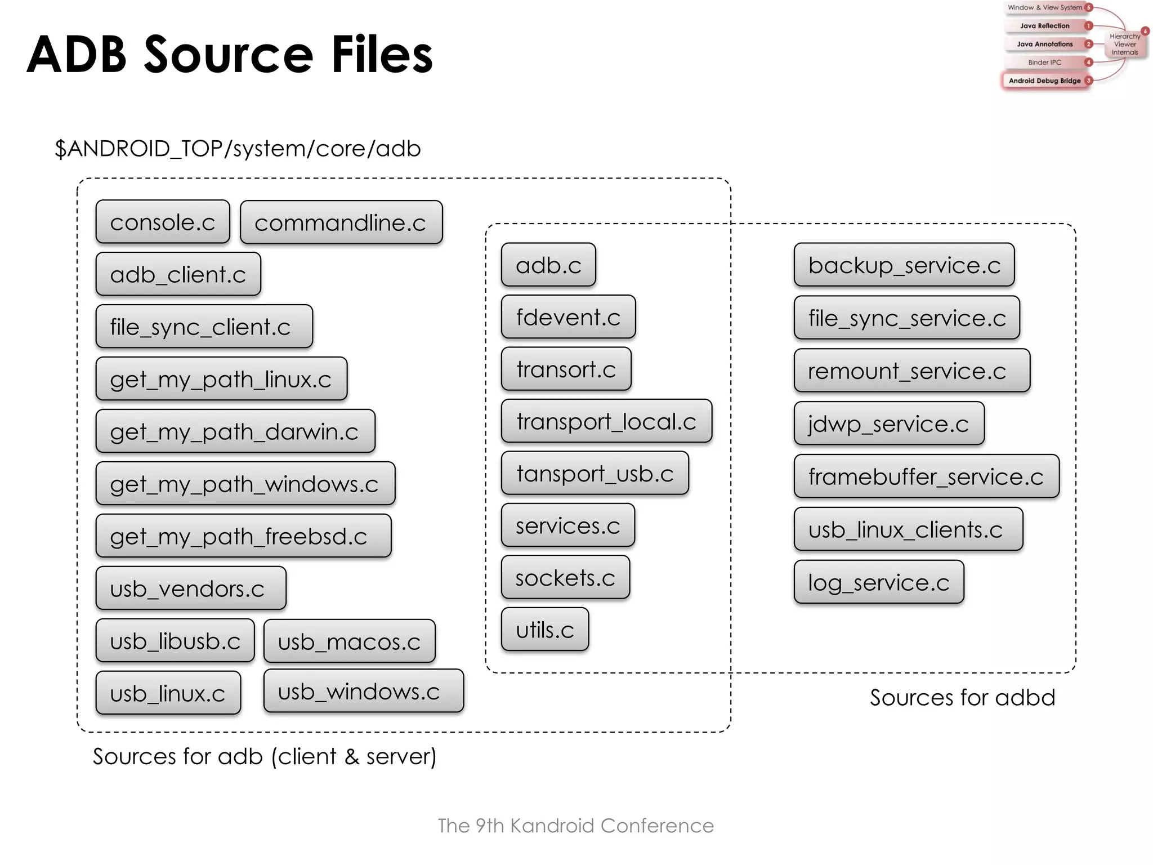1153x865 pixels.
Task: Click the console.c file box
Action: tap(163, 222)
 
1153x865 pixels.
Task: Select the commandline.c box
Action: tap(341, 222)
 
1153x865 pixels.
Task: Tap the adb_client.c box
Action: tap(178, 274)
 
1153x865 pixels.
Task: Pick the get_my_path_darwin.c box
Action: tap(235, 431)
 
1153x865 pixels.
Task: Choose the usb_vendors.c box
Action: tap(190, 588)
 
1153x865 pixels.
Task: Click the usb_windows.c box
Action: tap(363, 691)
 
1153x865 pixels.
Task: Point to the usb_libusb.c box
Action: tap(175, 641)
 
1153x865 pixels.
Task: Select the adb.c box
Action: tap(548, 265)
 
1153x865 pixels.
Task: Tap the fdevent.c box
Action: tap(568, 317)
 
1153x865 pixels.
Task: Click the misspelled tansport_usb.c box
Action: tap(595, 474)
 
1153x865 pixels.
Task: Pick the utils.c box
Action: tap(545, 630)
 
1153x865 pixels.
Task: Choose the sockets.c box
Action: tap(565, 578)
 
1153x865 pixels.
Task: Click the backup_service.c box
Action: tap(904, 265)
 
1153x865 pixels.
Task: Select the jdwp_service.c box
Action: tap(889, 423)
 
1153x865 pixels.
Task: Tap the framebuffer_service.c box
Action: tap(926, 476)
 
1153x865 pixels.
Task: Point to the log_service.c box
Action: tap(879, 582)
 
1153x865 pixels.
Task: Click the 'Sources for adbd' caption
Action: tap(962, 697)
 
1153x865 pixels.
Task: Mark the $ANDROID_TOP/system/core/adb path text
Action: tap(238, 149)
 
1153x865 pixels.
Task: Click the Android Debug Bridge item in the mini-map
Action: tap(1044, 81)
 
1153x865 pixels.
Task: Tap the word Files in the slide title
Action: tap(382, 55)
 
